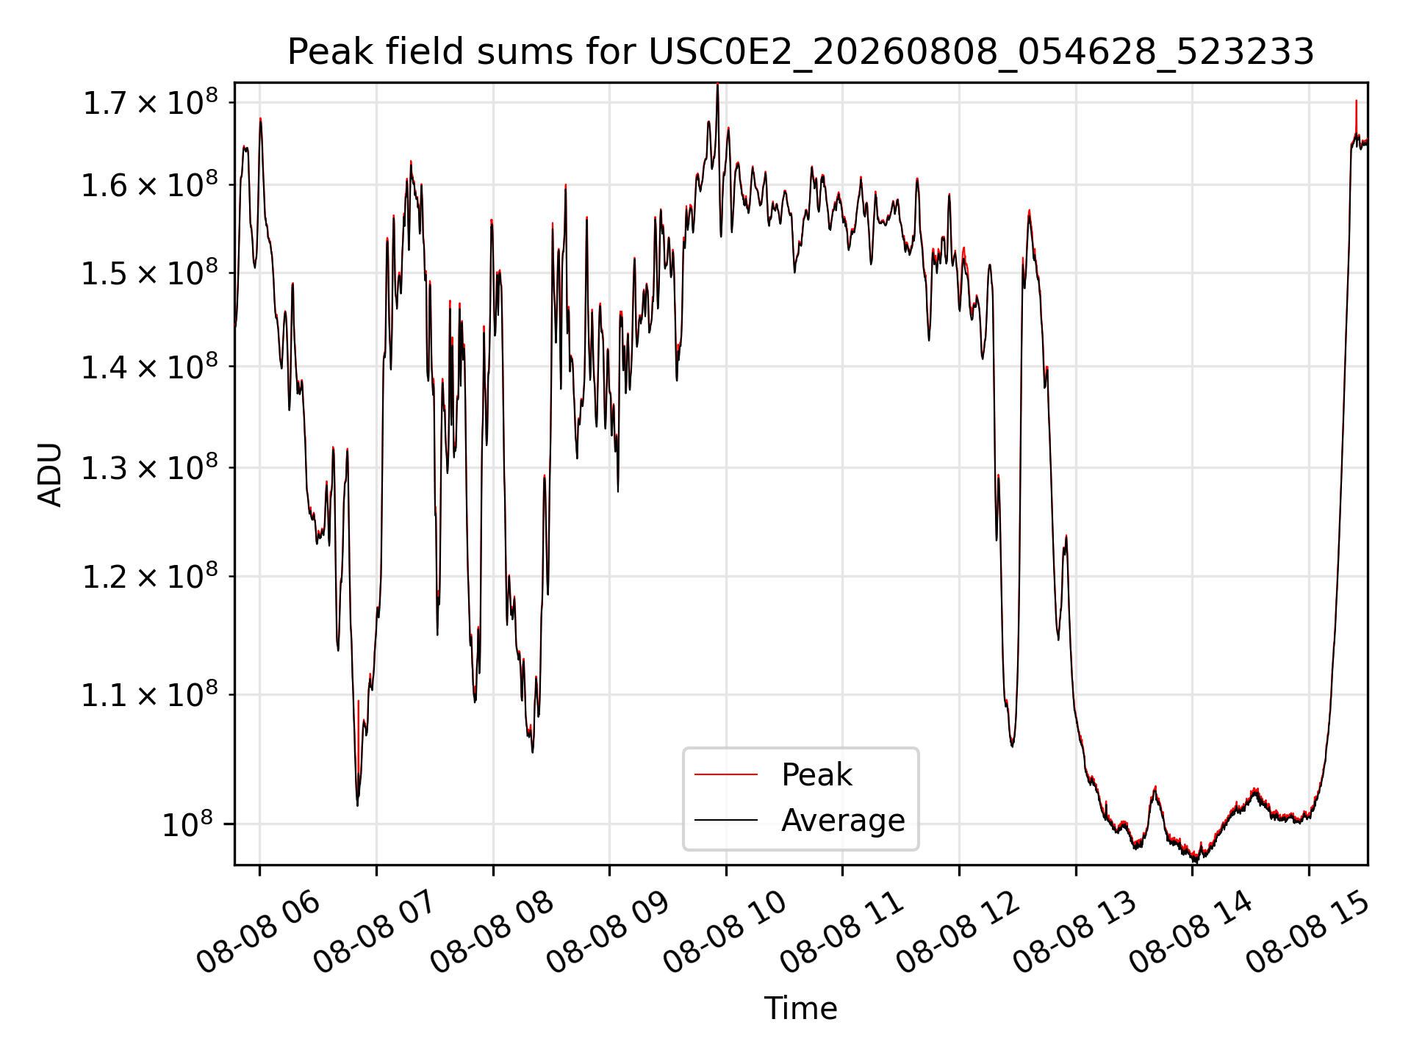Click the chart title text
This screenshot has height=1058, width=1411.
pos(800,52)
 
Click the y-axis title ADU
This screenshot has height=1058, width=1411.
pos(50,475)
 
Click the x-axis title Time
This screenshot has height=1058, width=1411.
pos(800,1008)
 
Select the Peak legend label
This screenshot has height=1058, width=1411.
pos(816,775)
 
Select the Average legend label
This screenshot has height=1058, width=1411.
pos(843,820)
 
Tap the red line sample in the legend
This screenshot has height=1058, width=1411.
pos(726,774)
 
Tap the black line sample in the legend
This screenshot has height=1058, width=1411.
pos(726,820)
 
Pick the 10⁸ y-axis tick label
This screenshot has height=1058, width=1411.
pos(187,824)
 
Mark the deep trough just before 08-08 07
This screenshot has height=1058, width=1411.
pos(357,801)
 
